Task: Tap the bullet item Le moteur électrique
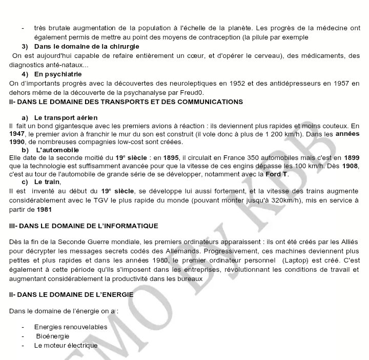point(66,345)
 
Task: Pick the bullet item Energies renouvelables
point(71,327)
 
